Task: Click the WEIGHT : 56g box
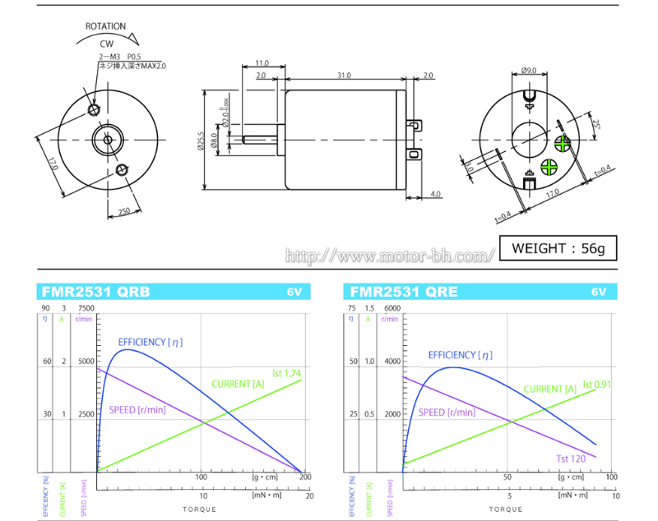pos(558,247)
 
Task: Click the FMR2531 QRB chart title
pos(93,292)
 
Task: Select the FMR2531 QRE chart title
pos(404,292)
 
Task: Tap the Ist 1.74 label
pos(287,373)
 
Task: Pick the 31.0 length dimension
pos(344,76)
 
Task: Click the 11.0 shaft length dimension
pos(262,63)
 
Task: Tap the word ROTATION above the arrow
pos(106,26)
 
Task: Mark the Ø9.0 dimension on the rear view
pos(529,71)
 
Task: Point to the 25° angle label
pos(595,124)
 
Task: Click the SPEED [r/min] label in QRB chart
pos(137,410)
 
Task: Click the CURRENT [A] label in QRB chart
pos(238,384)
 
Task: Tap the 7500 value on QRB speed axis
pos(85,308)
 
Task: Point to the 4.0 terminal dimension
pos(435,195)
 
